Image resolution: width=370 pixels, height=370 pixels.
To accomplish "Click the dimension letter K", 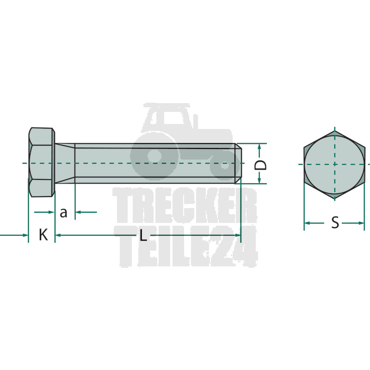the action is point(43,234).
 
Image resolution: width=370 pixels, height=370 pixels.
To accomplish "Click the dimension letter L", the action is point(143,235).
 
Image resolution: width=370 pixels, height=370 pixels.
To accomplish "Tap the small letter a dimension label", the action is point(63,213).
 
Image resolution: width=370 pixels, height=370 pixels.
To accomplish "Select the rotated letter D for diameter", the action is point(260,165).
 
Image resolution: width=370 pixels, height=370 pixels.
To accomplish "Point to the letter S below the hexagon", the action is point(335,222).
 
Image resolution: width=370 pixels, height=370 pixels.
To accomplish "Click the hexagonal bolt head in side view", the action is point(42,162).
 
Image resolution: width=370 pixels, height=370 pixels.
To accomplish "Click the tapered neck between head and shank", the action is point(65,163).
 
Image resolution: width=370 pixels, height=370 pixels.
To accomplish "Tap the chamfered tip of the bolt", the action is point(238,163).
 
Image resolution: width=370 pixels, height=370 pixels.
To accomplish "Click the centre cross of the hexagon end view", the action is point(334,164).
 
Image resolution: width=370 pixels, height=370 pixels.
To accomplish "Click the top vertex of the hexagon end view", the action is point(334,131).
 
